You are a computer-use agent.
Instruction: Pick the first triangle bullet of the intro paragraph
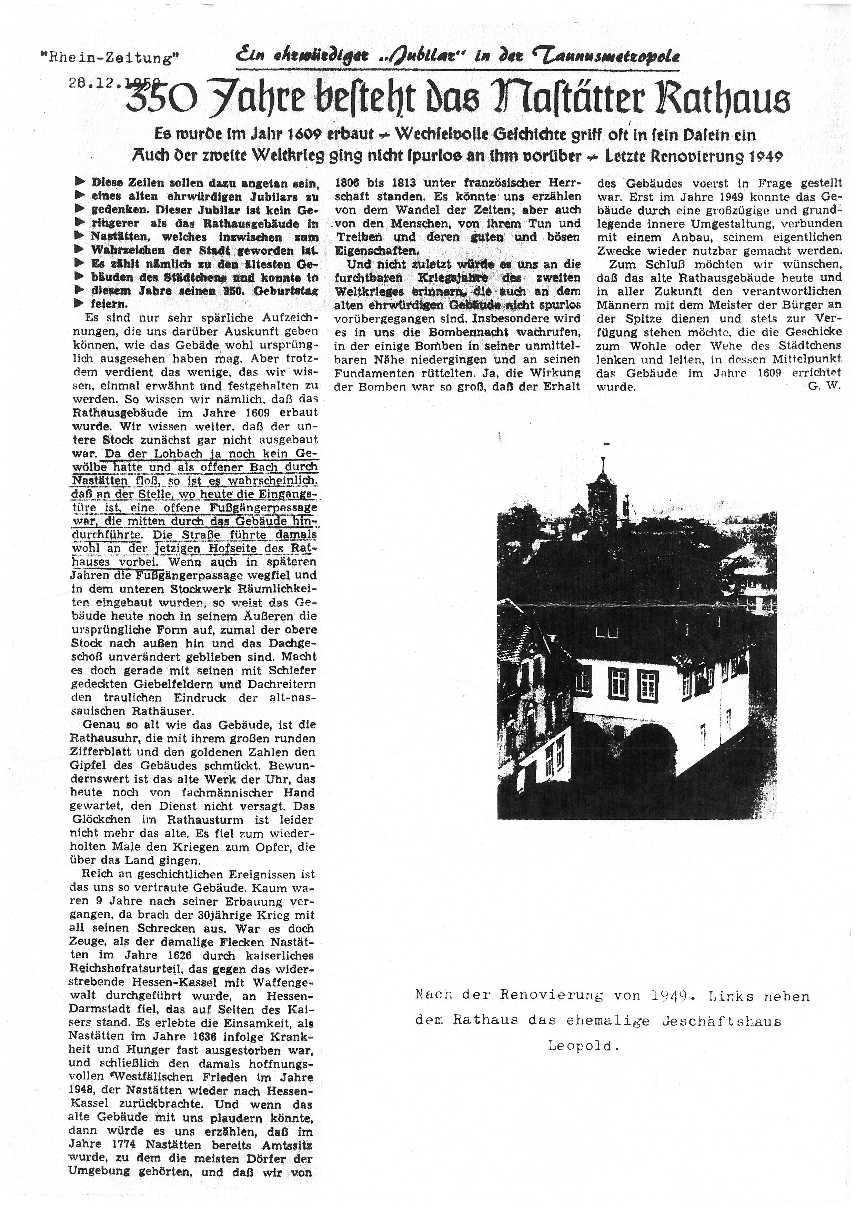point(80,182)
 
